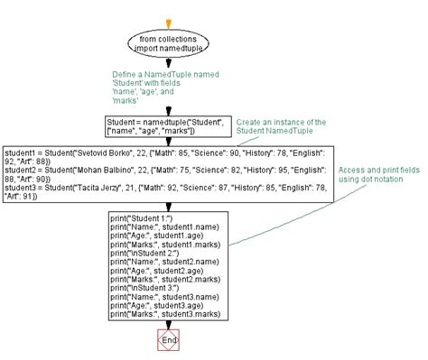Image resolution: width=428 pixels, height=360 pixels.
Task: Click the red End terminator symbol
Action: (168, 341)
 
